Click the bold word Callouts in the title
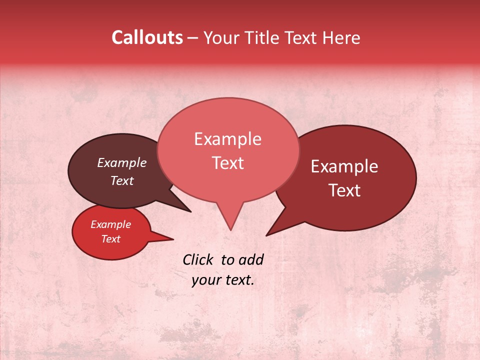147,37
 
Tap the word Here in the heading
341,37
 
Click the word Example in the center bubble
227,139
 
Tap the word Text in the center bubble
227,163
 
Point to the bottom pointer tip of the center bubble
230,229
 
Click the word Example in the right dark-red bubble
344,166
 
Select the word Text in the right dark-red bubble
344,190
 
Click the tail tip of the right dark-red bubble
266,235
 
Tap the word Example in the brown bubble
121,162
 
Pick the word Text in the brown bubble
121,180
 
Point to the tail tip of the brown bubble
190,211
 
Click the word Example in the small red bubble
110,224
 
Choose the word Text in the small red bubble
110,239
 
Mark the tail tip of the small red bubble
173,239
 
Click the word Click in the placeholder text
199,259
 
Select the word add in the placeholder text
251,259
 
